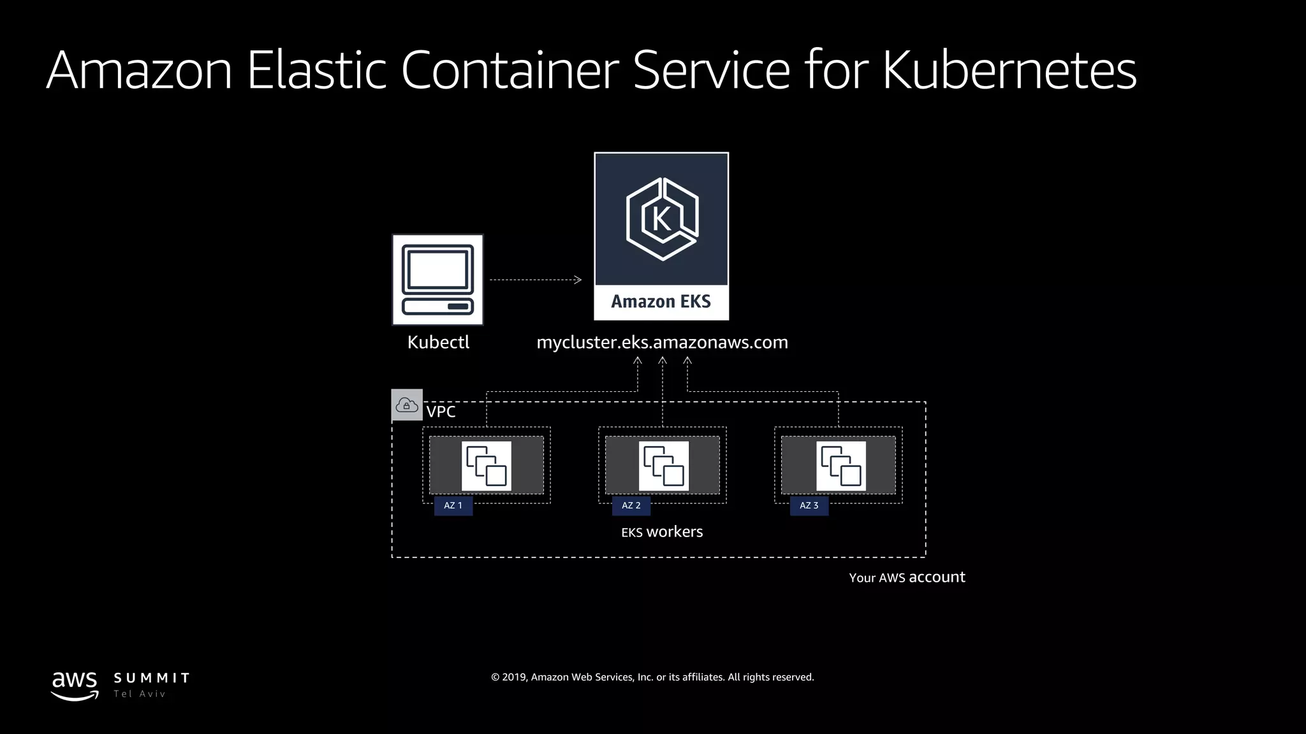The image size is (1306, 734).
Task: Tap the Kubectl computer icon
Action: pos(437,280)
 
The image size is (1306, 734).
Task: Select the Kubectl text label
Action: pos(438,342)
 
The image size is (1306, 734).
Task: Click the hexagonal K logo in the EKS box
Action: pos(661,219)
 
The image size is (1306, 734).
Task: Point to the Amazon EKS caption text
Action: pos(661,301)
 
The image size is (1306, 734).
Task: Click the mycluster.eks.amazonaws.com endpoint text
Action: pos(662,342)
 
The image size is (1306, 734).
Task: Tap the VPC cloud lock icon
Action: pos(407,405)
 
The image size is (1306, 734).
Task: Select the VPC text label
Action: pos(441,412)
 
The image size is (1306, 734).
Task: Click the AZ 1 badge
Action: pos(453,505)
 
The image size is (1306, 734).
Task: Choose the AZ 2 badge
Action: pos(631,505)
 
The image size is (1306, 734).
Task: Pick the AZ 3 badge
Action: pos(809,505)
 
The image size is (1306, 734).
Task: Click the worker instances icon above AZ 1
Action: pos(486,466)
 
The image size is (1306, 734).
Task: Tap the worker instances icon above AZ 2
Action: pos(663,466)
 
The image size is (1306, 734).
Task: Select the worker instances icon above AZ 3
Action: pos(840,466)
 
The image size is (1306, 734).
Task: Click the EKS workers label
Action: pos(662,532)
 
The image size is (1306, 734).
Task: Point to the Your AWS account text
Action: pos(906,577)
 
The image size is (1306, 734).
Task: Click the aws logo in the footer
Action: pos(75,685)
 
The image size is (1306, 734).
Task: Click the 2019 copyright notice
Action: pos(652,677)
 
